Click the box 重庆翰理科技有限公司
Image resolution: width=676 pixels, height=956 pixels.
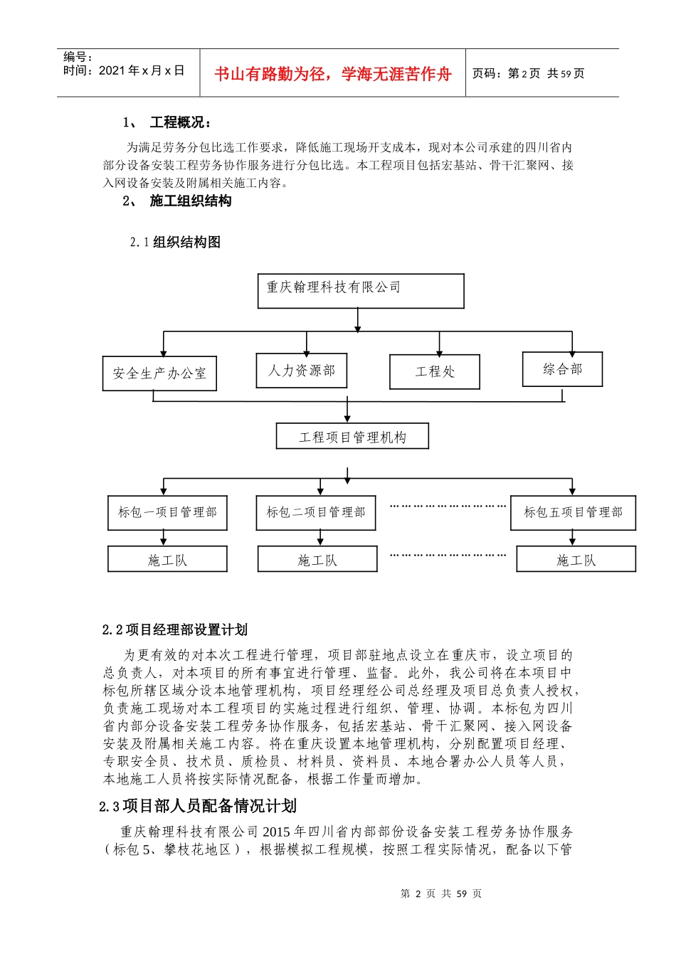(360, 290)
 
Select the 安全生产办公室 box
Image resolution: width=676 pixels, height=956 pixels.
(159, 373)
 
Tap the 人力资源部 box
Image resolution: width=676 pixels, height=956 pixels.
(301, 371)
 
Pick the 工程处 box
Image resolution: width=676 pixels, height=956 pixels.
(434, 372)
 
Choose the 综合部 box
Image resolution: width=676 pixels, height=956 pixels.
(562, 369)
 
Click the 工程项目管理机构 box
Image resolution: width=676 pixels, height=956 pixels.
(352, 437)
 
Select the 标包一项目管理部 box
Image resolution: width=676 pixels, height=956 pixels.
(167, 513)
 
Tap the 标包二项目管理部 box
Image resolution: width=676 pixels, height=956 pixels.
(316, 513)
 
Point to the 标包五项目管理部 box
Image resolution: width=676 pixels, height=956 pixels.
(573, 513)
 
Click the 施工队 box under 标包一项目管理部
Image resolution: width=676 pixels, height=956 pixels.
(167, 560)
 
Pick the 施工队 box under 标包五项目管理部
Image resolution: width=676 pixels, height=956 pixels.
(576, 560)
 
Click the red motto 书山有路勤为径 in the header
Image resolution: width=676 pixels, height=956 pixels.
(332, 74)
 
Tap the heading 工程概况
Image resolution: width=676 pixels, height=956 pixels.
(180, 122)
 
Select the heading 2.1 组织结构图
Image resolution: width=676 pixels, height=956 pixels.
(175, 243)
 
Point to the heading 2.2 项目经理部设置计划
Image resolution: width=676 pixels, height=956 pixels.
(175, 630)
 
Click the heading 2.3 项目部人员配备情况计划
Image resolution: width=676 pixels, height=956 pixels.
(198, 806)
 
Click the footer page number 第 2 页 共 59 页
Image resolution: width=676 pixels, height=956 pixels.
(441, 893)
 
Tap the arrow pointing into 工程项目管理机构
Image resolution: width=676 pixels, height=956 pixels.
(347, 413)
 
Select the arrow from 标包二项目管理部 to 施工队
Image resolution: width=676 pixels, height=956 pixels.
(320, 538)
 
